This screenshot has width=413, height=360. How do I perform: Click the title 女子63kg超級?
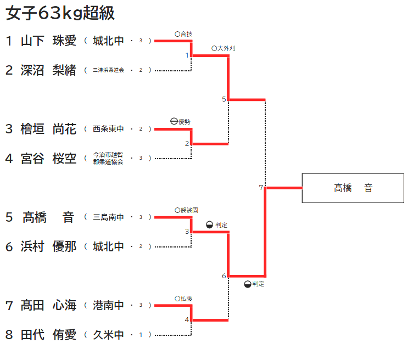60,13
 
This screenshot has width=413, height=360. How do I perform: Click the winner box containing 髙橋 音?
353,188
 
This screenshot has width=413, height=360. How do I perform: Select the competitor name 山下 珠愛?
49,41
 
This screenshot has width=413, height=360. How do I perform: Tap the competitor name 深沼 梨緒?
49,70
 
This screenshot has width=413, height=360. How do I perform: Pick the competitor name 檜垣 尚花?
49,129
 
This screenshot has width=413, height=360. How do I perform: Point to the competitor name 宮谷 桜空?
49,159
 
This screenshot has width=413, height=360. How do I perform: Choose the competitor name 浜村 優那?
49,246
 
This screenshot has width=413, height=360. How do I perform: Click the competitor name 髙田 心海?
49,305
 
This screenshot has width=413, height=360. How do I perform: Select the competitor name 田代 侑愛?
49,335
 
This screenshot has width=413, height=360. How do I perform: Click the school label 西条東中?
108,129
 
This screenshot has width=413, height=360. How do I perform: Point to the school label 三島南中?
108,217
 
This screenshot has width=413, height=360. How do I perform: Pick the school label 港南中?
108,305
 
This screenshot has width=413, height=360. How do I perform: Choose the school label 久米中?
108,335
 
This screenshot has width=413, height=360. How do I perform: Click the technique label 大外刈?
226,49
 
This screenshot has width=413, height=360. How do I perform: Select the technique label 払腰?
186,299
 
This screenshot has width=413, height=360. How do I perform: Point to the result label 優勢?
184,122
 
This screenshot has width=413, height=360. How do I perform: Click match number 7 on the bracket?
261,188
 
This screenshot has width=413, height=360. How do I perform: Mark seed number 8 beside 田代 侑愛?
9,335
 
